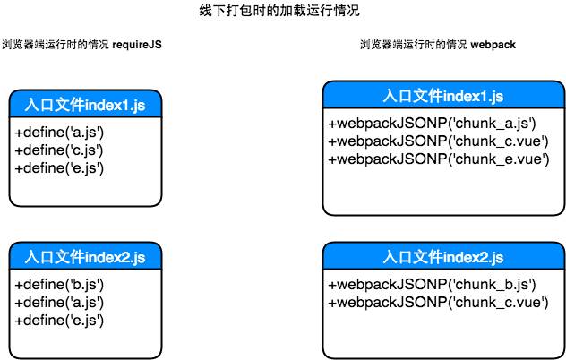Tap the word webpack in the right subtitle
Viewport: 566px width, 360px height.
click(493, 44)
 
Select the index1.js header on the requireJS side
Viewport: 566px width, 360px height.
click(79, 107)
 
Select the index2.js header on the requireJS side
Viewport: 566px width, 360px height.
click(79, 257)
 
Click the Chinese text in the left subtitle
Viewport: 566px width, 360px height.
click(56, 44)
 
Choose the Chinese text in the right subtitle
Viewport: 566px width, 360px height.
click(414, 44)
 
